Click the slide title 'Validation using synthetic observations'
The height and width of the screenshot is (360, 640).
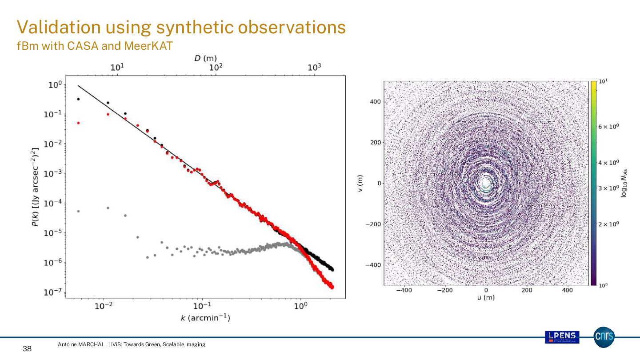click(181, 28)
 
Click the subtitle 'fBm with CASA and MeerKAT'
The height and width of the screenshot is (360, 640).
click(94, 46)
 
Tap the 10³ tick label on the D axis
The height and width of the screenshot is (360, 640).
click(314, 68)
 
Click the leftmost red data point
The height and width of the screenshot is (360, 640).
click(78, 123)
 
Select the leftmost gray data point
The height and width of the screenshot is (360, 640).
click(78, 211)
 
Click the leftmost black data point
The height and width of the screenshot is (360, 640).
click(78, 99)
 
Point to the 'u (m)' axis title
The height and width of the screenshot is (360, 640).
click(486, 297)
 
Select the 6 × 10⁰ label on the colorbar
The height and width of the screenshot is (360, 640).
click(608, 127)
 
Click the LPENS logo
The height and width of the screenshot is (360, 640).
click(562, 337)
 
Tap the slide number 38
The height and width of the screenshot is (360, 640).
click(27, 349)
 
